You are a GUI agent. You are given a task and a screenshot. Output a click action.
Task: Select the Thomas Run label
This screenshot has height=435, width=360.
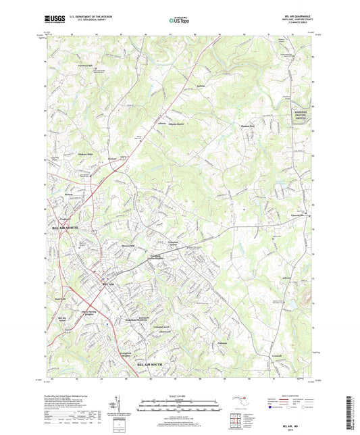249,126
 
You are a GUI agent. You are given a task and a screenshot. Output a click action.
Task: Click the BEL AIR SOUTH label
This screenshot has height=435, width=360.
153,363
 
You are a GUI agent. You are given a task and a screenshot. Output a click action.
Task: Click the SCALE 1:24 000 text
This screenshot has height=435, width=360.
180,397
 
